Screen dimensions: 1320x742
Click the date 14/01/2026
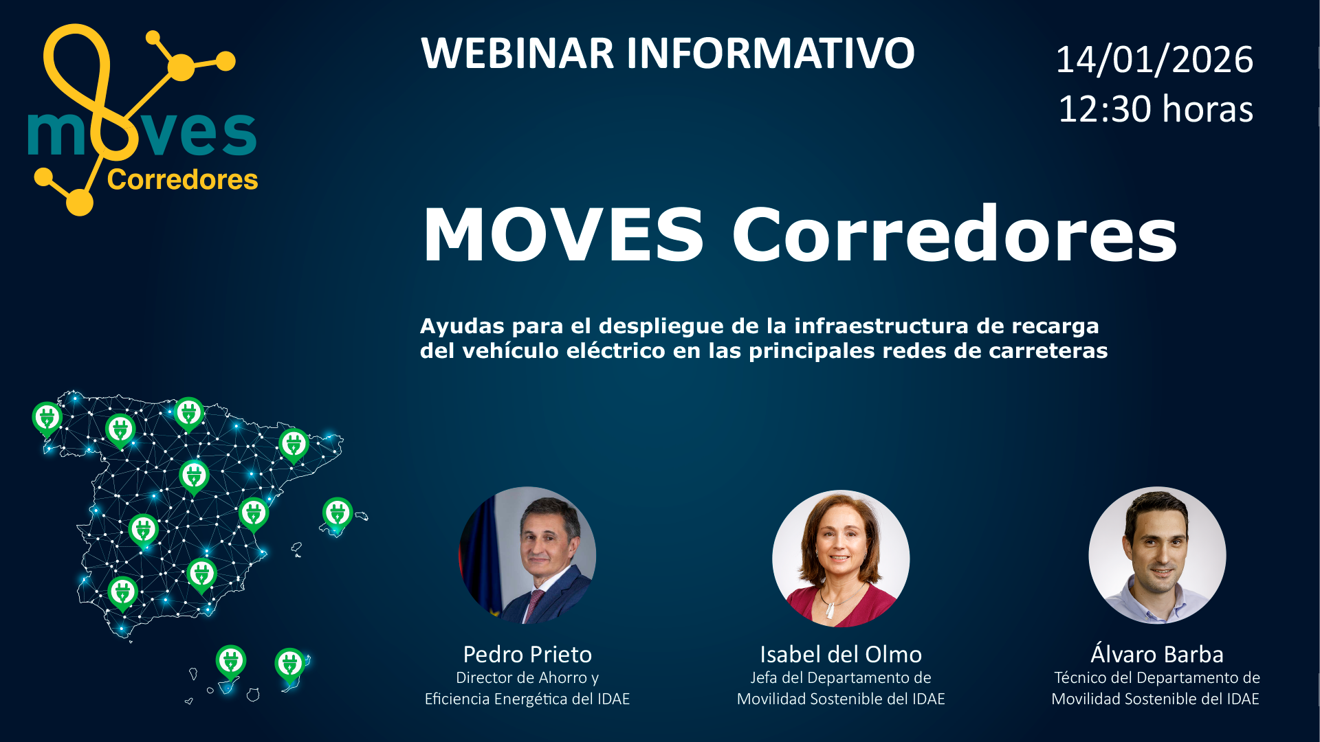pyautogui.click(x=1154, y=60)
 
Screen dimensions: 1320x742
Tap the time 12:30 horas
pyautogui.click(x=1156, y=109)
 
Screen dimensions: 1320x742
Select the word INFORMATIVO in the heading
pyautogui.click(x=770, y=53)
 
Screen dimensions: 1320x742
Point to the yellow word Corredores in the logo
pyautogui.click(x=182, y=179)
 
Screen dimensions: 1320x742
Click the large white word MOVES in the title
pyautogui.click(x=563, y=235)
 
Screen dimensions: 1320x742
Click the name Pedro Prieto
pyautogui.click(x=527, y=654)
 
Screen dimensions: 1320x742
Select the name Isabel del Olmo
pyautogui.click(x=841, y=654)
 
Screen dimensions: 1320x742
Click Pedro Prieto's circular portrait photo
pyautogui.click(x=527, y=555)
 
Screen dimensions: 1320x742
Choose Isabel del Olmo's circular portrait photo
pyautogui.click(x=841, y=558)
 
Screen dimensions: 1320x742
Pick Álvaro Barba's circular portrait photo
pyautogui.click(x=1157, y=555)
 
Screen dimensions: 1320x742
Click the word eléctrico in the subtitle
pyautogui.click(x=616, y=350)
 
